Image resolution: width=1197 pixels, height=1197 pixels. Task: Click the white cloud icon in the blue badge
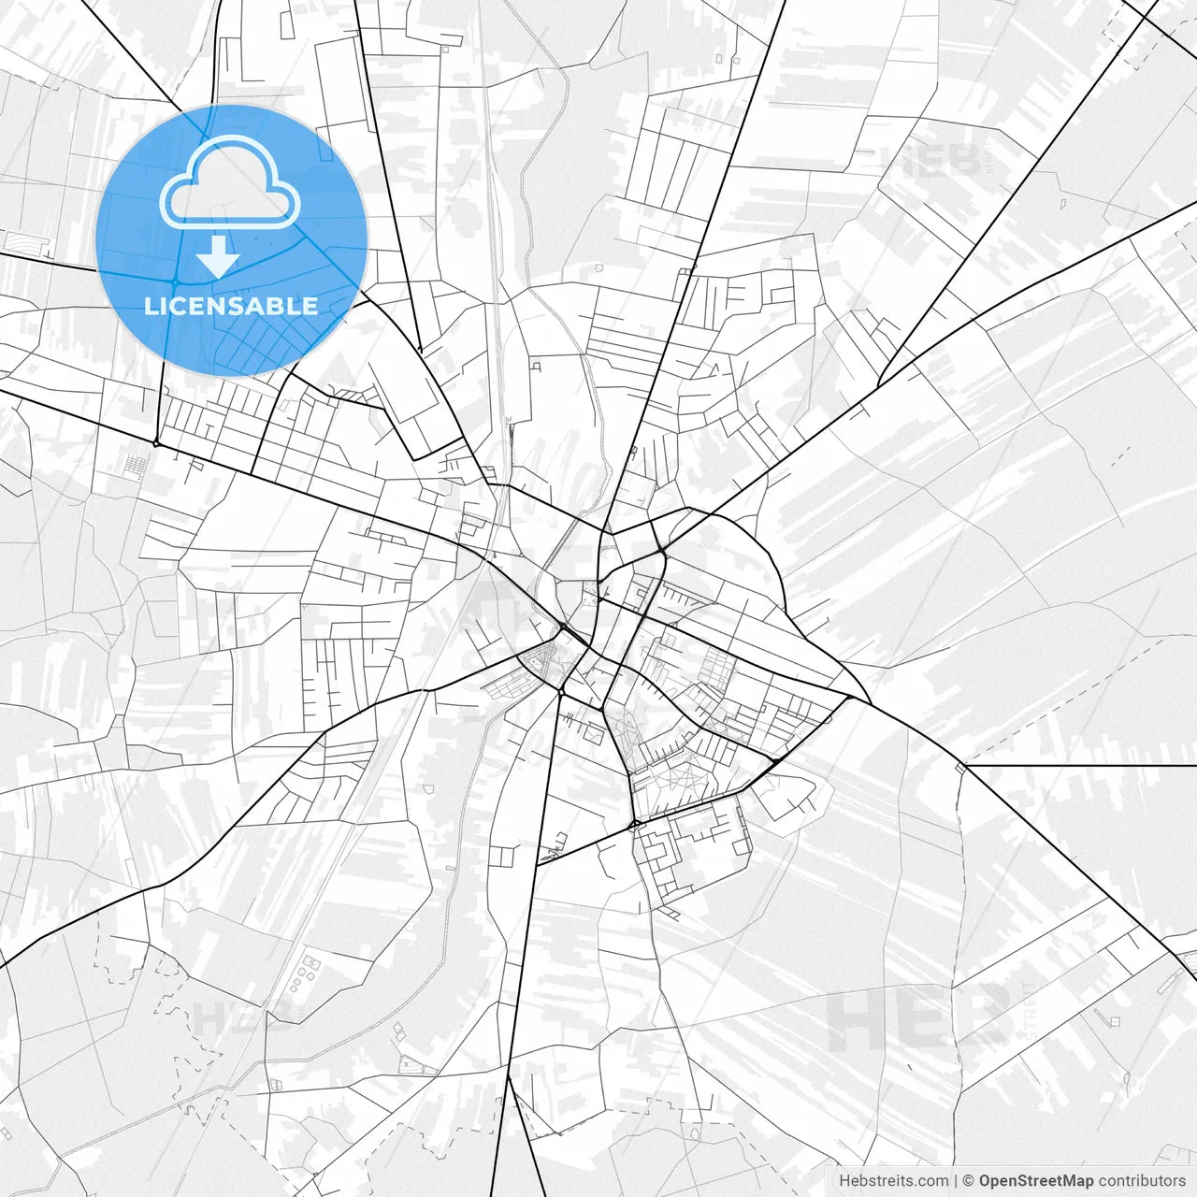click(x=230, y=182)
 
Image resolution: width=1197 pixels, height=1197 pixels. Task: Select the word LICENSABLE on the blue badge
click(x=231, y=306)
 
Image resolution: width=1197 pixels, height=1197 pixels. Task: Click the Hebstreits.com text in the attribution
click(x=892, y=1181)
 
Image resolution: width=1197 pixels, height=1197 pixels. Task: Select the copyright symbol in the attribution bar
click(x=968, y=1181)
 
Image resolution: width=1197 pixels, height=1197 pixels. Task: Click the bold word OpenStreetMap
click(x=1035, y=1181)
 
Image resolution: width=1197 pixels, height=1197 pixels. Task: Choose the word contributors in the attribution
click(x=1142, y=1181)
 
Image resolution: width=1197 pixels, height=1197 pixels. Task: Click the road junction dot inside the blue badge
click(x=175, y=282)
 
